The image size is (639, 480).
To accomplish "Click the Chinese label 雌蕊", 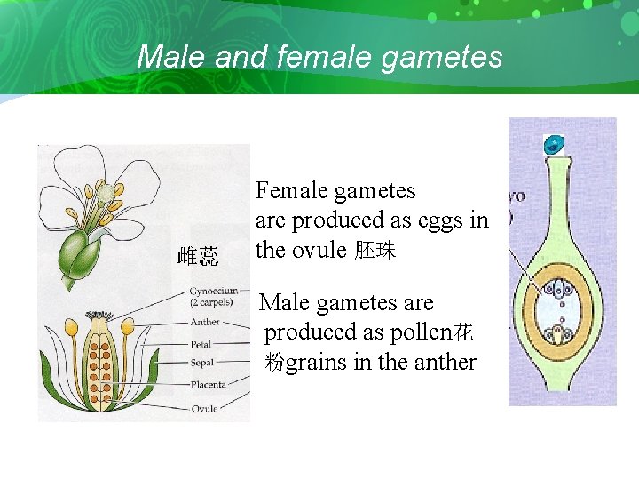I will point(197,258).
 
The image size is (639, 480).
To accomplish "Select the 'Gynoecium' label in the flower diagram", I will point(214,291).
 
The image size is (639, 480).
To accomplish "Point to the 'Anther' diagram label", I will point(205,322).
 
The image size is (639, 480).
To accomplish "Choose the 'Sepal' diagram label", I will point(202,363).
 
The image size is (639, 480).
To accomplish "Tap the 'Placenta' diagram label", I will point(209,385).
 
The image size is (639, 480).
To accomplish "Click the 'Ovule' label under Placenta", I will point(204,408).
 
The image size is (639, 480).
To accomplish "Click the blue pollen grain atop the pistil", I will point(555,143).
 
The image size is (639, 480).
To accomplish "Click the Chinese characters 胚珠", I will point(375,251).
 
